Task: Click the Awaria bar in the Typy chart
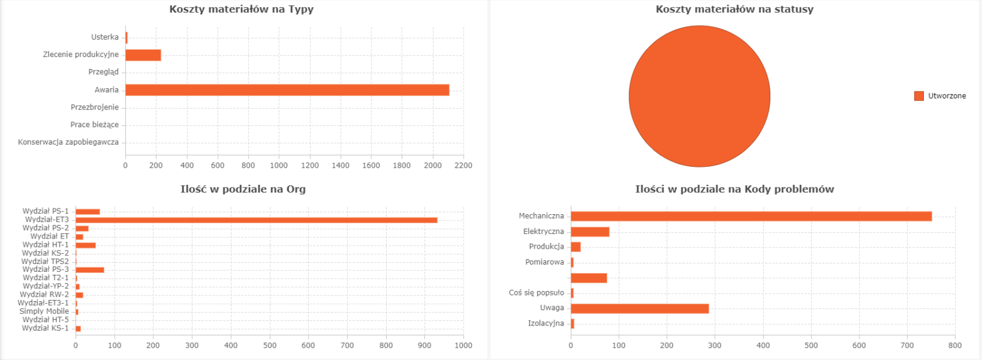click(x=287, y=90)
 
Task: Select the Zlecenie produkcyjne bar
click(x=143, y=55)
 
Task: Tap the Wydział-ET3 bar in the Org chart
click(x=256, y=220)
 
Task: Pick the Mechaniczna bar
click(x=751, y=216)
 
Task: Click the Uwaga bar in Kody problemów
click(x=639, y=308)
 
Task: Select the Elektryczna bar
click(x=589, y=231)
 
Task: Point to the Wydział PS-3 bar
click(x=90, y=270)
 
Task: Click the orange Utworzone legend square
click(x=919, y=96)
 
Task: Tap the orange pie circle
click(x=699, y=96)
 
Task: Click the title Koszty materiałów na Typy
click(x=241, y=9)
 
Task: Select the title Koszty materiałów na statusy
click(x=734, y=9)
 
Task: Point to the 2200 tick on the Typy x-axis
click(x=463, y=166)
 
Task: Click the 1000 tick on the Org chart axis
click(x=463, y=345)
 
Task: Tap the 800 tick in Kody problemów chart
click(x=955, y=345)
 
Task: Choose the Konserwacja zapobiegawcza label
click(x=68, y=142)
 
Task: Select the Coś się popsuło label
click(x=536, y=293)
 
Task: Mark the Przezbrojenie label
click(x=95, y=107)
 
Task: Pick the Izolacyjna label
click(x=546, y=323)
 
